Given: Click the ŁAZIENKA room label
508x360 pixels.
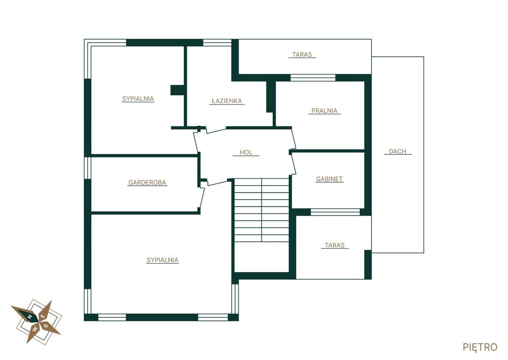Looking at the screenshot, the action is (x=227, y=101).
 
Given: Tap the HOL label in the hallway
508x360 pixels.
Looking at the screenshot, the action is (x=246, y=152).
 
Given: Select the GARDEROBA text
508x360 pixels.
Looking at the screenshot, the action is (x=147, y=183).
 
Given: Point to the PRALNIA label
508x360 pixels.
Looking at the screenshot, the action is (x=324, y=111).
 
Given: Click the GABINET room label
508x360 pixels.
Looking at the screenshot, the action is (x=329, y=179).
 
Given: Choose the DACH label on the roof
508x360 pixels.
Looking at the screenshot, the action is (x=397, y=151).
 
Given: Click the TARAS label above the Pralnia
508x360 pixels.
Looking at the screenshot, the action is (x=302, y=55).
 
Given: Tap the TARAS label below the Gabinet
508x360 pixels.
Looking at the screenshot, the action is (x=335, y=245).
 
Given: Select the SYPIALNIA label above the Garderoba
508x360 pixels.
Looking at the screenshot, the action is (x=138, y=99).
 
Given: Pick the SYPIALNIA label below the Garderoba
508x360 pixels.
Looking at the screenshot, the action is (x=162, y=260).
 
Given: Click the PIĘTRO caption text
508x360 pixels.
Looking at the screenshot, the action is (x=480, y=347).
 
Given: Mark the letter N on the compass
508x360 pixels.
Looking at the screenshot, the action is (x=30, y=316).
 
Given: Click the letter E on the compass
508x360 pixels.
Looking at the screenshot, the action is (x=42, y=316).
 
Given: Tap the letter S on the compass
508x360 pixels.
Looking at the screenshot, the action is (x=46, y=326).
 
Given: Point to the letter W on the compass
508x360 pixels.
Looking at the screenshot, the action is (x=35, y=329).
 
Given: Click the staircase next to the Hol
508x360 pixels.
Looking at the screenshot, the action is (x=261, y=210).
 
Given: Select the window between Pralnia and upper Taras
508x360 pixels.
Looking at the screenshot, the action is (x=313, y=78).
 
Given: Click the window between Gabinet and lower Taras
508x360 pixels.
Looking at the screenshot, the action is (x=335, y=212).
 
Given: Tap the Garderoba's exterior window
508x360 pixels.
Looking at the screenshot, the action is (x=87, y=168).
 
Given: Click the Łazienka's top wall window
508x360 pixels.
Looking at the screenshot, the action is (x=217, y=43).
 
